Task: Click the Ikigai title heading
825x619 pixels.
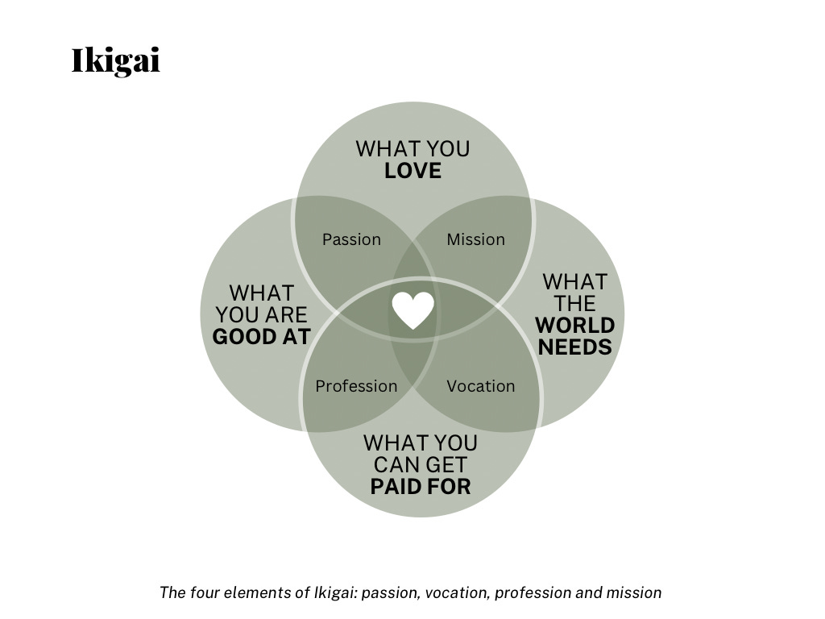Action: click(x=116, y=61)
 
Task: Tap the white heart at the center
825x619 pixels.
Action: click(x=413, y=310)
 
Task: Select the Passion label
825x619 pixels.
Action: click(x=351, y=239)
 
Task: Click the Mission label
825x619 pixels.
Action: click(x=475, y=239)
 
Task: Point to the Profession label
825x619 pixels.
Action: click(x=356, y=386)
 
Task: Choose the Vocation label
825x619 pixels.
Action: click(x=480, y=386)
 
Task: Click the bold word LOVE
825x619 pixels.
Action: click(x=412, y=171)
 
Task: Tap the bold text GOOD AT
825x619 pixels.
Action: click(x=261, y=337)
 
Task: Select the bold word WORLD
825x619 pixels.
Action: click(x=574, y=326)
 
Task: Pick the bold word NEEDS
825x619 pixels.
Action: click(x=574, y=347)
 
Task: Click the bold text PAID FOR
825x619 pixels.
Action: click(x=420, y=487)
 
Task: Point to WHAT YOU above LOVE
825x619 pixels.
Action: click(x=412, y=149)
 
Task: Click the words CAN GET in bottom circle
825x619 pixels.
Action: click(x=420, y=465)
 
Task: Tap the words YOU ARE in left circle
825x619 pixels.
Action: click(x=261, y=315)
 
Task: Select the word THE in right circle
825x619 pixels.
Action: click(x=574, y=304)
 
